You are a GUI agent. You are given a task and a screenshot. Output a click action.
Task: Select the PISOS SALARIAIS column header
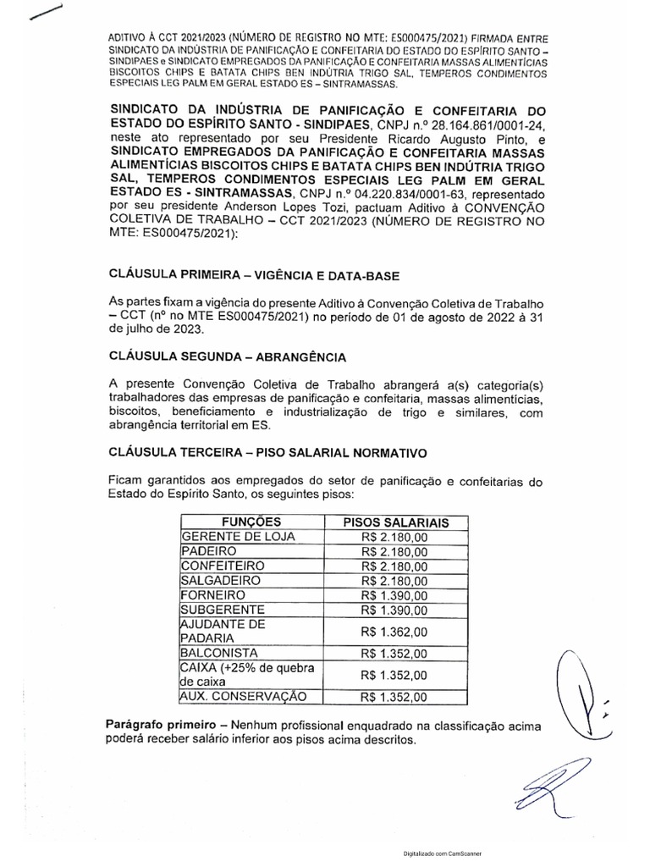[x=394, y=522]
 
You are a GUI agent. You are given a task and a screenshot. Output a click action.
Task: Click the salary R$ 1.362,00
[x=394, y=632]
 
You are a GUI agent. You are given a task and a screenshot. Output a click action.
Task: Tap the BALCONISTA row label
[x=212, y=653]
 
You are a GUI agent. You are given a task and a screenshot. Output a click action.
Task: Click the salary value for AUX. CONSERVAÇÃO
[x=394, y=698]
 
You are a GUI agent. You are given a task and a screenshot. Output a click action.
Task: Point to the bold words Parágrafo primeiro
[x=164, y=726]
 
